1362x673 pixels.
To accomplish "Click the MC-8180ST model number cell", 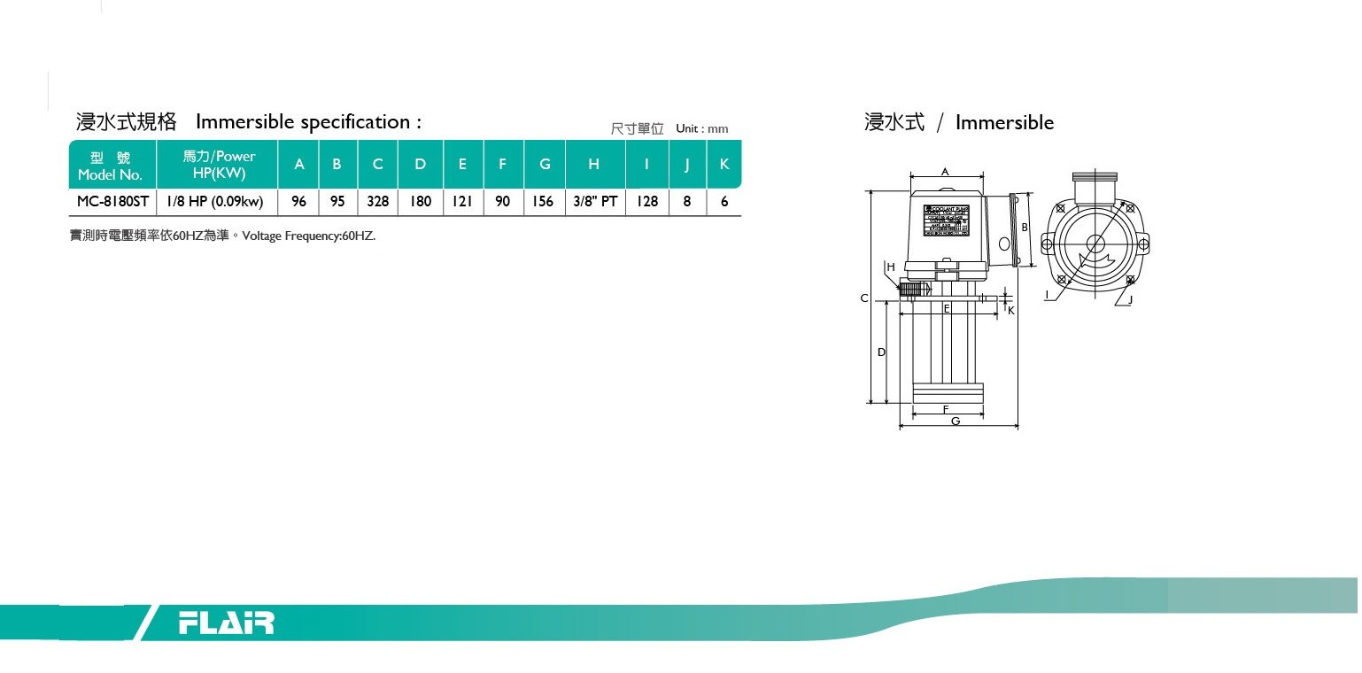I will point(112,202).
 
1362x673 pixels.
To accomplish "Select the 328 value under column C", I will point(378,202).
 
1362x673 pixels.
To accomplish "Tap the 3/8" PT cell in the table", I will point(595,202).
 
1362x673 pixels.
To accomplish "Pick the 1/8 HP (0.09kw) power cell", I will point(216,202).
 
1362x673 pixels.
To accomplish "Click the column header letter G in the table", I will point(545,164).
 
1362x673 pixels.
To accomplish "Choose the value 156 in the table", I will point(543,202).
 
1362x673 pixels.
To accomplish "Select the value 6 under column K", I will point(724,202).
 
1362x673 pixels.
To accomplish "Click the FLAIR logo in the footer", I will point(227,623).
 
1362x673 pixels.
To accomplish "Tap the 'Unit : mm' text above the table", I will point(701,129).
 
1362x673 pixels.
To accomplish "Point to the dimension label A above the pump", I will point(945,172).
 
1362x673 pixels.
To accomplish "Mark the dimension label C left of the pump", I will point(864,298).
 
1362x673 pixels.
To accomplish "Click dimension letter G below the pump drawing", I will point(956,422).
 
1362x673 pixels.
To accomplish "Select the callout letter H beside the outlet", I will point(891,267).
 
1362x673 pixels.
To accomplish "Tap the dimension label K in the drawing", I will point(1010,311).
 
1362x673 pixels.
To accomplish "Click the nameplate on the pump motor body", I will point(947,221).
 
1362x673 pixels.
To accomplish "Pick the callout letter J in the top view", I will point(1131,300).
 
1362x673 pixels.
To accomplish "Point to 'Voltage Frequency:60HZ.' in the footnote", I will point(309,236).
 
